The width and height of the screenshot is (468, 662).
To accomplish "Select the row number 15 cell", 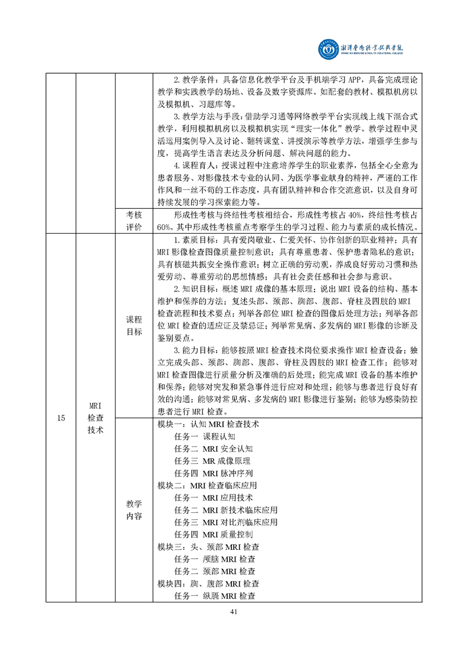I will [61, 418].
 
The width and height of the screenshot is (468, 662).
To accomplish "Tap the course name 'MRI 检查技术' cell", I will [96, 418].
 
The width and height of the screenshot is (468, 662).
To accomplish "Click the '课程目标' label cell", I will [134, 325].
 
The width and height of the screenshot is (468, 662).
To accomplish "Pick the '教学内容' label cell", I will [134, 510].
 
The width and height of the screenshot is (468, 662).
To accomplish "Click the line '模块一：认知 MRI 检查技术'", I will [208, 424].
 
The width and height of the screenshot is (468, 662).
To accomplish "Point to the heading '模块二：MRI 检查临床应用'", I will [208, 486].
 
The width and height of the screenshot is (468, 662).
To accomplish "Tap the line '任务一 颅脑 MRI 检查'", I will [215, 559].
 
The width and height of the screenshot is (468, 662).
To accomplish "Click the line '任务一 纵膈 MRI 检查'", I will [215, 596].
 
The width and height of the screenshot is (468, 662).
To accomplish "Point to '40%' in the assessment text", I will [342, 216].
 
